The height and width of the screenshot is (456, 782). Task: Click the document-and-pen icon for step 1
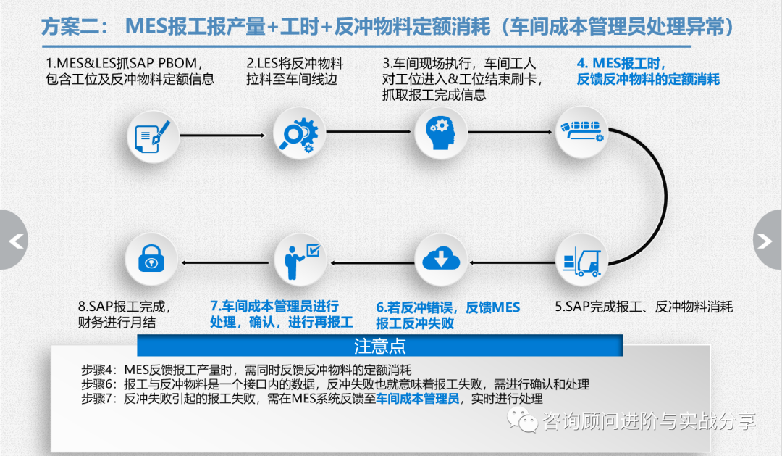click(153, 135)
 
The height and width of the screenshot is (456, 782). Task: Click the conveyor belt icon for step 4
click(581, 131)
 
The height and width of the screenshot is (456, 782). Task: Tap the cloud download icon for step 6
click(440, 260)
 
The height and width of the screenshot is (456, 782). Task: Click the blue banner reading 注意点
click(380, 345)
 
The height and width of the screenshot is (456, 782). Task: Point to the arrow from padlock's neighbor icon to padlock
click(226, 260)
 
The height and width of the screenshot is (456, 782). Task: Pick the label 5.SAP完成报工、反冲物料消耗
click(644, 307)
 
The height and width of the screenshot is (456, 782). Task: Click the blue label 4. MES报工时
click(621, 63)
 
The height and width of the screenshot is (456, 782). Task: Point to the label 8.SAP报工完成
click(125, 307)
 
